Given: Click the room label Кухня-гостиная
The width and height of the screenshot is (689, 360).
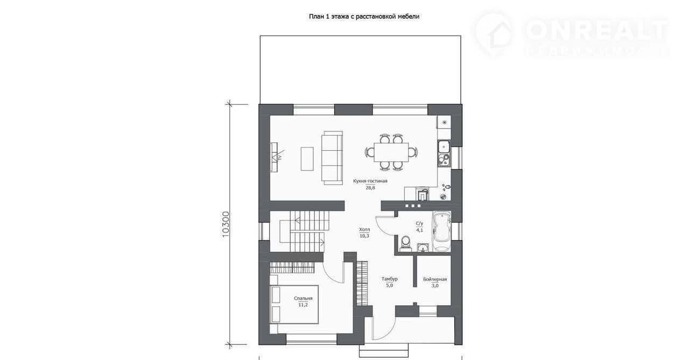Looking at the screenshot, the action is coord(370,181).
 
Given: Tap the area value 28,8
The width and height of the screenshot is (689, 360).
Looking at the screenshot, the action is coord(370,188).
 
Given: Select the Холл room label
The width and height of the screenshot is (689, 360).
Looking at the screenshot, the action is coord(364,229).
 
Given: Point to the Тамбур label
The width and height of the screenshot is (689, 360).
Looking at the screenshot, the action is coord(389,279).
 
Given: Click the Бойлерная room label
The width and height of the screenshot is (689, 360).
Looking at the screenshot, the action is coord(435,279).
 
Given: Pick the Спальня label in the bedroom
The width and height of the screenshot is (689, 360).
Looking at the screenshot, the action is coord(303,298).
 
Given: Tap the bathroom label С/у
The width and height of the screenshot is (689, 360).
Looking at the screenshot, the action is coord(419,223).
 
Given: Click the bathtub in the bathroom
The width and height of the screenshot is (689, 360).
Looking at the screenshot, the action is coord(442,231).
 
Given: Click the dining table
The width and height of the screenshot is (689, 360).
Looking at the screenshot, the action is coord(391,152).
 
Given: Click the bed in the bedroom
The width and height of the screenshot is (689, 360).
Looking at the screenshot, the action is coord(294,303).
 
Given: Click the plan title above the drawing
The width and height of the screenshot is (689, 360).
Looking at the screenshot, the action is coord(364,17).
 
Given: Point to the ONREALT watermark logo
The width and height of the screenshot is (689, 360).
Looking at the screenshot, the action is coord(571,34).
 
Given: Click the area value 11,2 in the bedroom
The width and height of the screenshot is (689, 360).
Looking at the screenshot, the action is coord(303,305).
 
